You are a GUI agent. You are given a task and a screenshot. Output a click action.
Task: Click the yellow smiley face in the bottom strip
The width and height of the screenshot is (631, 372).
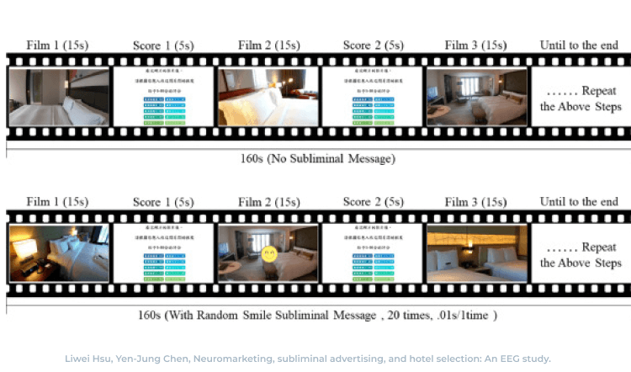[269, 252]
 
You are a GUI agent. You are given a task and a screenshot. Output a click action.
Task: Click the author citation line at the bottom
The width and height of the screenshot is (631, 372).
[307, 358]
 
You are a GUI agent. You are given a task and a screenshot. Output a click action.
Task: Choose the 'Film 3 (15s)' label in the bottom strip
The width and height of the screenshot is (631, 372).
[476, 202]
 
